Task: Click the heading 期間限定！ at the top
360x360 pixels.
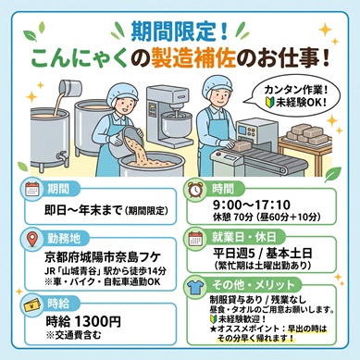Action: point(180,31)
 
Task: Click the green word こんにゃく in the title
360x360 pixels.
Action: point(80,58)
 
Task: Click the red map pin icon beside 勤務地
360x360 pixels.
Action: point(32,239)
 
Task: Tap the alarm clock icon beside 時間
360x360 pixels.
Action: point(195,189)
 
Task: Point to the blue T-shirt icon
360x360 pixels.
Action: point(195,287)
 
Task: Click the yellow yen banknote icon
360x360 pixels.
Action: point(32,304)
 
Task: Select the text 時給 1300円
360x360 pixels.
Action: point(83,322)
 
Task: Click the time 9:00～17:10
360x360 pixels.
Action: point(252,205)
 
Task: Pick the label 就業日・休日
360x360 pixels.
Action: point(243,237)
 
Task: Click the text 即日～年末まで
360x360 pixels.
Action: point(84,211)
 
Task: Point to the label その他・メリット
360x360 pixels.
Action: point(254,285)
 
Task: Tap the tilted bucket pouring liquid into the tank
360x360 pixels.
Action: point(70,88)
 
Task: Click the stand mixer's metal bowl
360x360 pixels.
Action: point(177,124)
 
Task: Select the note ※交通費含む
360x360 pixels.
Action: point(73,335)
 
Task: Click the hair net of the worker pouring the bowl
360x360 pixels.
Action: point(122,93)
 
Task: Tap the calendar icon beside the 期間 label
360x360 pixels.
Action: point(32,189)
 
